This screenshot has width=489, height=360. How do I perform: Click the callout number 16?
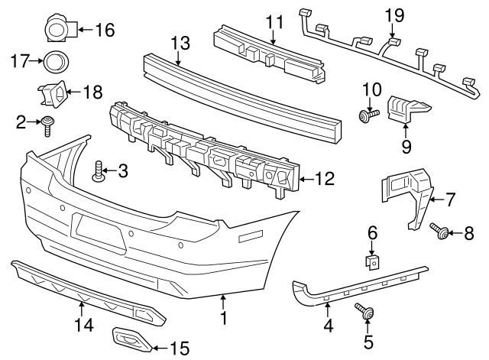tap(104, 31)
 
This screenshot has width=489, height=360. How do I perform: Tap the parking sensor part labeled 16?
tap(58, 29)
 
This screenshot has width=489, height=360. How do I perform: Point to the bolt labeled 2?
tap(47, 123)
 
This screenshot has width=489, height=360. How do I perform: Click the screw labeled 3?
tap(99, 171)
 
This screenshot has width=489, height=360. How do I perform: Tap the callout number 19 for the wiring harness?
tap(393, 15)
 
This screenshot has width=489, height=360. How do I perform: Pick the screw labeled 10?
tap(366, 115)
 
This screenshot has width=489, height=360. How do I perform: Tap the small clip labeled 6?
tap(371, 261)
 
